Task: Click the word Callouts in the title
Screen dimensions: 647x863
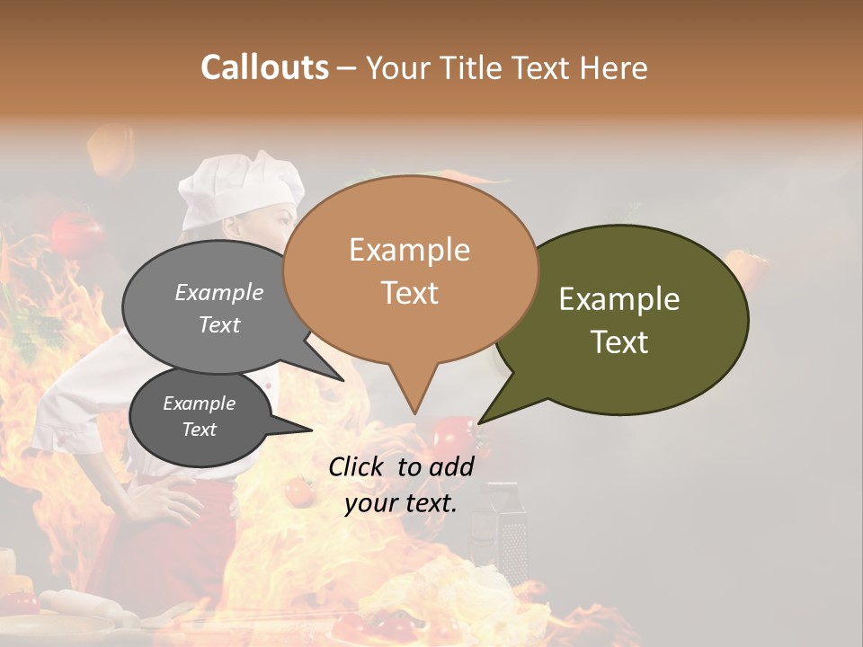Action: click(264, 67)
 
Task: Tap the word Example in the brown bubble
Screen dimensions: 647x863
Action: click(409, 250)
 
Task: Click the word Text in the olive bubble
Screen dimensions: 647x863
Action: click(619, 342)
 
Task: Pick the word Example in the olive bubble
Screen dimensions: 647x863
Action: click(619, 299)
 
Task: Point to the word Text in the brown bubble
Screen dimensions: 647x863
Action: click(409, 293)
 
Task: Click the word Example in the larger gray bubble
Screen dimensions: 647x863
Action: click(219, 292)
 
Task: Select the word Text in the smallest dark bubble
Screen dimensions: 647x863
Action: click(200, 430)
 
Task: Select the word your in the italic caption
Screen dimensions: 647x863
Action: click(370, 504)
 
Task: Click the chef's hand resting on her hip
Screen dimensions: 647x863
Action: click(163, 496)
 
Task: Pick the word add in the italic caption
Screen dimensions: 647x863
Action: click(451, 466)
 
